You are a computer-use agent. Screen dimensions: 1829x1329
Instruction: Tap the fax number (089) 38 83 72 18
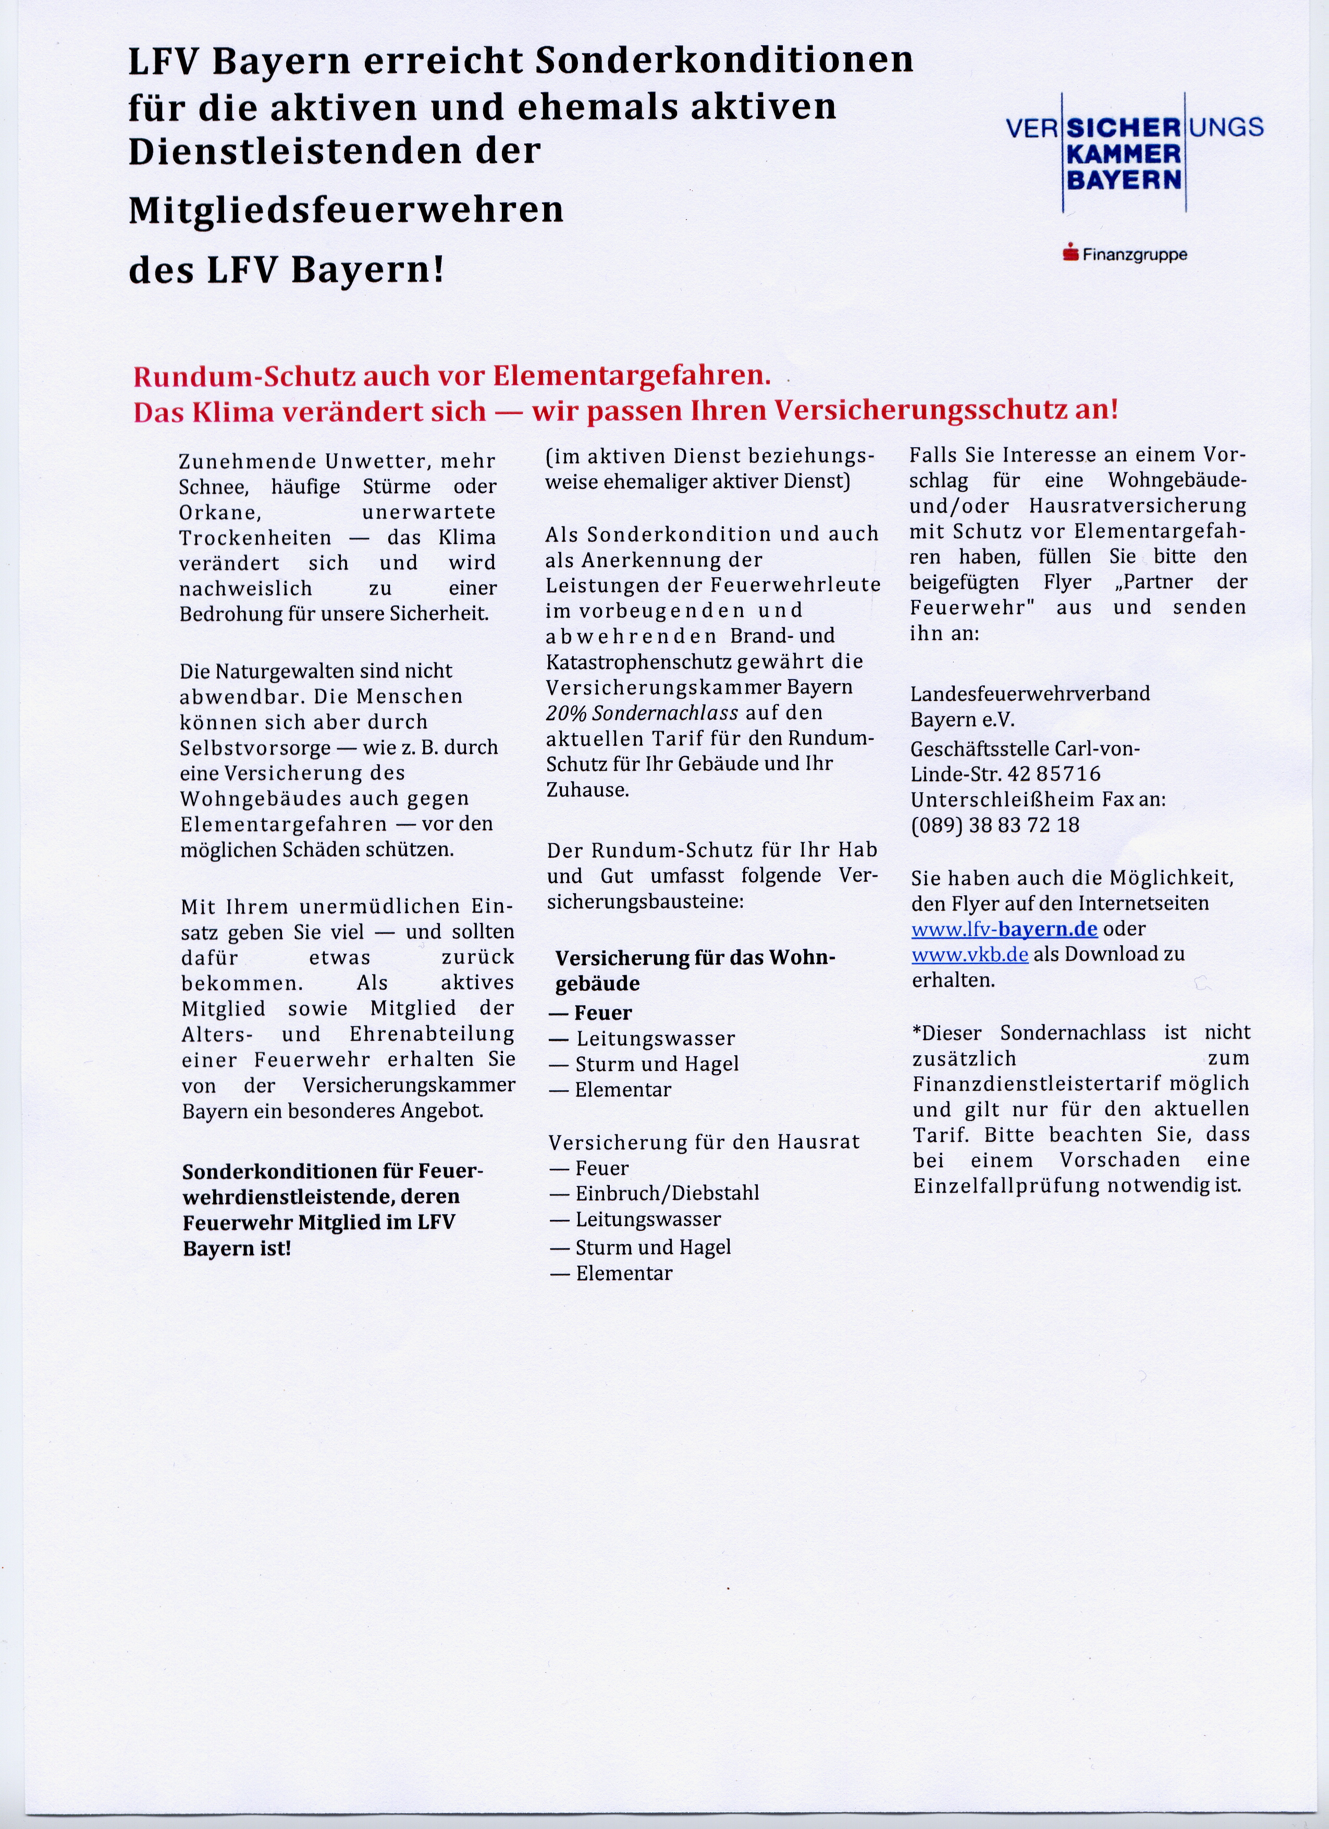994,825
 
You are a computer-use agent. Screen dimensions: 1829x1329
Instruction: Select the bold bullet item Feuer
602,1013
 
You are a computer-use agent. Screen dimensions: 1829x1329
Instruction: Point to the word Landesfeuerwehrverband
1030,694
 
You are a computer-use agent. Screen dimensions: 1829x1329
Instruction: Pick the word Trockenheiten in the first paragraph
255,538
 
